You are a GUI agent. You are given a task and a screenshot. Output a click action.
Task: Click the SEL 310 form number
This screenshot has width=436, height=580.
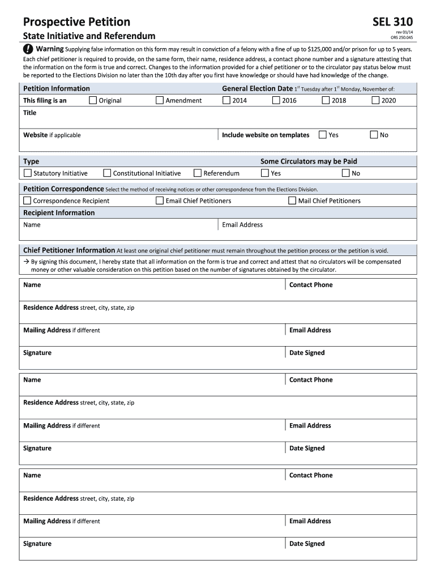coord(392,22)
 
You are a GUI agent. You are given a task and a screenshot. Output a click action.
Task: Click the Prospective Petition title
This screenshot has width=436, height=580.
coord(76,22)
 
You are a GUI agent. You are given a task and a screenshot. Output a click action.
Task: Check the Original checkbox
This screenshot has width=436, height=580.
coord(93,100)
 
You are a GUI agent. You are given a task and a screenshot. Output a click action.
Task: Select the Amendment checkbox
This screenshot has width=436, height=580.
coord(160,100)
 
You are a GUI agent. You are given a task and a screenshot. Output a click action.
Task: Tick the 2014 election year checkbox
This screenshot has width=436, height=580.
coord(226,100)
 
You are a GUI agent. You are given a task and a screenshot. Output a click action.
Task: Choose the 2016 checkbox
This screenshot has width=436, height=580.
coord(276,100)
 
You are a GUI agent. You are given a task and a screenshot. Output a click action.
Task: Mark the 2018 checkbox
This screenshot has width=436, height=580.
coord(326,100)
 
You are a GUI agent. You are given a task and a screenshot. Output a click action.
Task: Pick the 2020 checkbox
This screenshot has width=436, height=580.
coord(375,100)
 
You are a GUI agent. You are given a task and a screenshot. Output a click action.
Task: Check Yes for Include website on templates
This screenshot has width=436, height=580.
coord(323,135)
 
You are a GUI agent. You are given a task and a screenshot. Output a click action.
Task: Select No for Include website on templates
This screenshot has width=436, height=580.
coord(374,135)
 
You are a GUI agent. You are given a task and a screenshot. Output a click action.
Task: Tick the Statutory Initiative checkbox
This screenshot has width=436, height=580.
coord(28,173)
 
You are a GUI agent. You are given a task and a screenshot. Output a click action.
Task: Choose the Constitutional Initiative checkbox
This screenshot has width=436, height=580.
coord(107,173)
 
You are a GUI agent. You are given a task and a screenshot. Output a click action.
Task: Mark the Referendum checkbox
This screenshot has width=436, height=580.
coord(198,173)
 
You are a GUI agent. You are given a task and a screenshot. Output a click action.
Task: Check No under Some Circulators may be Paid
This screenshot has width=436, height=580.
coord(346,173)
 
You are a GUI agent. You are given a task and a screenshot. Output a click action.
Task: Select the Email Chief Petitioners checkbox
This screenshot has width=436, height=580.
coord(160,201)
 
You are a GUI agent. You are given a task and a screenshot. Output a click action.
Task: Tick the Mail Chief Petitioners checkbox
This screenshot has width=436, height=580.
coord(292,201)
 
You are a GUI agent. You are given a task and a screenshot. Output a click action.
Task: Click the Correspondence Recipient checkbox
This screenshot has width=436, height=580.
coord(27,201)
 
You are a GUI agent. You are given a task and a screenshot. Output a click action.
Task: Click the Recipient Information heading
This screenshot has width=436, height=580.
coord(59,213)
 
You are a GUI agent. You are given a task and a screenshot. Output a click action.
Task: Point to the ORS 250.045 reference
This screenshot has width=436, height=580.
coord(402,38)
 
